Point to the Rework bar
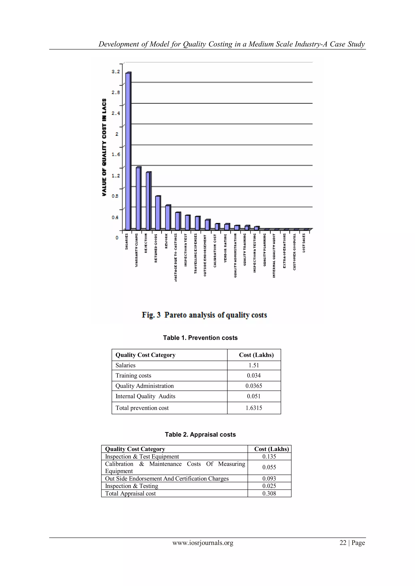(x=168, y=217)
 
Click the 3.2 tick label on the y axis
(x=116, y=72)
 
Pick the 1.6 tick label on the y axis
(x=116, y=154)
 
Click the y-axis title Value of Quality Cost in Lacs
(x=104, y=147)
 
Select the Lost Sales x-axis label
(x=304, y=243)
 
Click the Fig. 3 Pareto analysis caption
(x=204, y=315)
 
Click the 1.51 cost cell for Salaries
(x=254, y=365)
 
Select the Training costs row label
(x=133, y=375)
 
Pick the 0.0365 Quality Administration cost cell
(x=254, y=386)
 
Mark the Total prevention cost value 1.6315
(x=254, y=408)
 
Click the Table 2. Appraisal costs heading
(x=200, y=434)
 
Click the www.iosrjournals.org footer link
(x=203, y=543)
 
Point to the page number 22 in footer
(x=343, y=543)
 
